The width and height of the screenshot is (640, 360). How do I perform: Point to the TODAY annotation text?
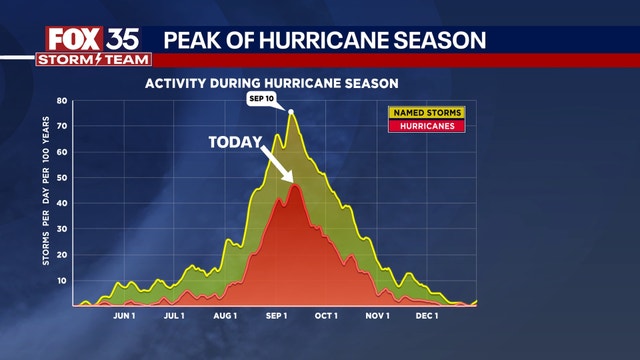pos(236,142)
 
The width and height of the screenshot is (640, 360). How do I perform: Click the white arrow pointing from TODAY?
pos(278,165)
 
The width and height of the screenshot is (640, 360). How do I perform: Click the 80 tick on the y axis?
pos(61,101)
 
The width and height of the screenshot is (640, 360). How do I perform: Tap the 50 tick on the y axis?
pos(61,178)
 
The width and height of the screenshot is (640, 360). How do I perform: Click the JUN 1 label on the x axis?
pos(125,316)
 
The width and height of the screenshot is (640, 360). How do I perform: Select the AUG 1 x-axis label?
pos(225,316)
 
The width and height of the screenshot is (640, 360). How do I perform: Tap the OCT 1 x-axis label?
pos(326,316)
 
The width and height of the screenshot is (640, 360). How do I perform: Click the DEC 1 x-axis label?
pos(427,316)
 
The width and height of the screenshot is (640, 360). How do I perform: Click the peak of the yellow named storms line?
pos(291,112)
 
